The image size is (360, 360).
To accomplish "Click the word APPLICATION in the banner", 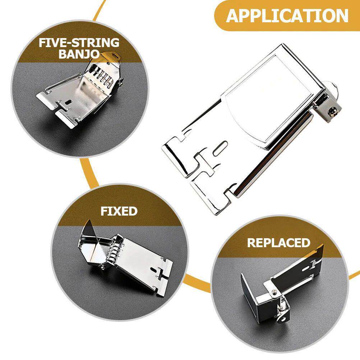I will point(287,16).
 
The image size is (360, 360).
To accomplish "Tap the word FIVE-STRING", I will point(79,43).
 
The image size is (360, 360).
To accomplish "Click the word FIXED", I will point(119,211).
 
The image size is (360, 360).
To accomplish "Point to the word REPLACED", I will point(278,243).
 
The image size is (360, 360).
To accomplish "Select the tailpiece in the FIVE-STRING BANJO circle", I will point(81,93).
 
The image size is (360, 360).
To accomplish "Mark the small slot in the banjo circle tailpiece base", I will point(67,103).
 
